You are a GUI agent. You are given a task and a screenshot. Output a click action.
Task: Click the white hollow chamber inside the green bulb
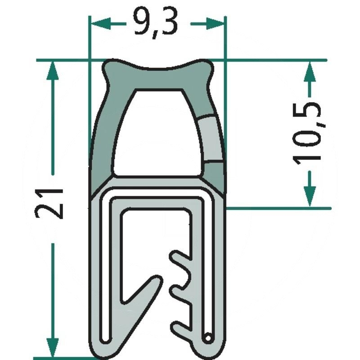pos(157,135)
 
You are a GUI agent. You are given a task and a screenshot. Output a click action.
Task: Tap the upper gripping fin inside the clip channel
pos(184,260)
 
